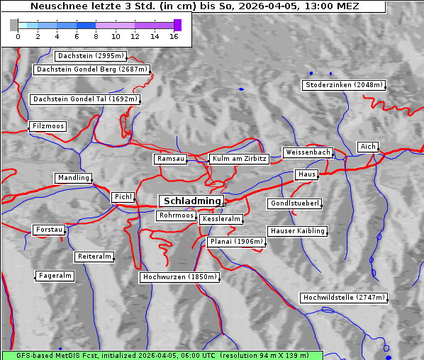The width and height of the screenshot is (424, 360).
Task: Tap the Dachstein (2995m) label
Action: [91, 55]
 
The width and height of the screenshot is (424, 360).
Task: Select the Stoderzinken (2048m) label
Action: [344, 85]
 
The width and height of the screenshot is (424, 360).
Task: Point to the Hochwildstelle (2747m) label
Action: [344, 298]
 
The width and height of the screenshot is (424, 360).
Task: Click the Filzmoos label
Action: [48, 126]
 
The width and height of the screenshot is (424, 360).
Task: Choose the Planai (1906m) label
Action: [237, 242]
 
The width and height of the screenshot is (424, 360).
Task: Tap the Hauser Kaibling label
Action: [297, 231]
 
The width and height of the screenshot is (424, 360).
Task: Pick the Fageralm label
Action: [55, 276]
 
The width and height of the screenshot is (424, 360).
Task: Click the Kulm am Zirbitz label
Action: [239, 159]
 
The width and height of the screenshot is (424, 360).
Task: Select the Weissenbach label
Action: [308, 152]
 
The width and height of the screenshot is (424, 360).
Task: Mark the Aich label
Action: [368, 147]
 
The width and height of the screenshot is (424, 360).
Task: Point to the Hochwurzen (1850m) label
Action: [179, 277]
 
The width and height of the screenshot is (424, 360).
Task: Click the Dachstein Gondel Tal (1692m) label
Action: [85, 99]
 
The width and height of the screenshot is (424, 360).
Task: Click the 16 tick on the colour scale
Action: [174, 36]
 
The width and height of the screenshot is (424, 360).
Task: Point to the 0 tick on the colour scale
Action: [18, 36]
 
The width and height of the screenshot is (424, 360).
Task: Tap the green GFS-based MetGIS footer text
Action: [162, 355]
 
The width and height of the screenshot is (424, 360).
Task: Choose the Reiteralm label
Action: [94, 257]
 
